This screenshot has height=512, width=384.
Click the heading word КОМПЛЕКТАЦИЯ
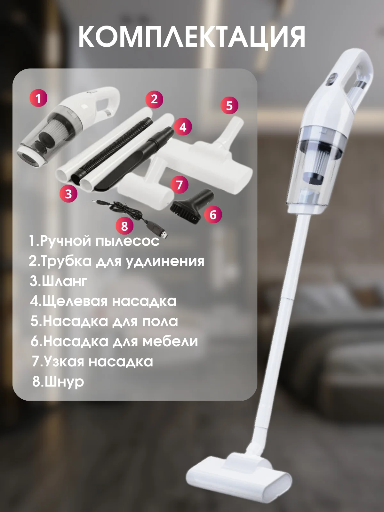click(x=192, y=36)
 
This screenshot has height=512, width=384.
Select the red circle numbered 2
click(x=154, y=100)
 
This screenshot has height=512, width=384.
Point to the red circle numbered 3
click(x=68, y=194)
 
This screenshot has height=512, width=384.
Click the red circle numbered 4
click(x=183, y=127)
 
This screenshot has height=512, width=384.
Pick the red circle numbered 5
click(x=230, y=105)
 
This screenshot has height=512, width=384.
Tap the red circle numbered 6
click(x=213, y=214)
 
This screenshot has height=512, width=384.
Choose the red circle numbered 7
click(x=180, y=185)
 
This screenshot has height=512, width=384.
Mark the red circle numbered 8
click(x=125, y=226)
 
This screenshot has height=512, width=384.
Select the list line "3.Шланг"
click(x=58, y=281)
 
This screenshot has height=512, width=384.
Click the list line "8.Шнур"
click(x=58, y=382)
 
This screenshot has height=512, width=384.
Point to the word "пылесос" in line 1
click(x=128, y=241)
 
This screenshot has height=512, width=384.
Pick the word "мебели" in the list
click(x=170, y=341)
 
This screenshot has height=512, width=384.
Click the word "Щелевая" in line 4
click(x=75, y=301)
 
